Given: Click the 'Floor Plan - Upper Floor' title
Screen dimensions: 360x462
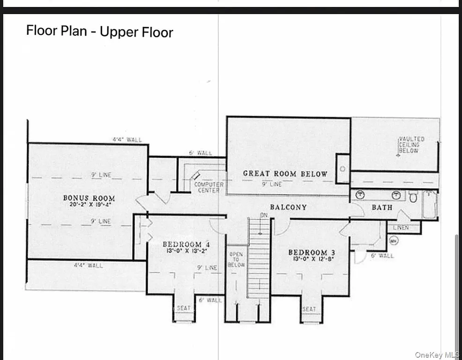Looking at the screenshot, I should pos(99,31).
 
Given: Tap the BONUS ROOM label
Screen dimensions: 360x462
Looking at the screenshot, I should pos(89,198).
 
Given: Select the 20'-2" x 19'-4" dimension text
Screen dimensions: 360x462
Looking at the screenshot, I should pos(89,205).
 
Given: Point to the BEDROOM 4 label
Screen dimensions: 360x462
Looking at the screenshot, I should pos(182,244).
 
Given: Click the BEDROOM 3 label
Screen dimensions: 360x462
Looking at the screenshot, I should pos(308,252).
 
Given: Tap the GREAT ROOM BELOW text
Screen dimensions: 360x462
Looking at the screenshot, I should pos(285,174).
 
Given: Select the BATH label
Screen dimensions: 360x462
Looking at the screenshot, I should pos(382,207).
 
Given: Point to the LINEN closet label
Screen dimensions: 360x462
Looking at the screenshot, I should pos(401,228).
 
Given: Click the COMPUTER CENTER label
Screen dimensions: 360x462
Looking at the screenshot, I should pos(209,187).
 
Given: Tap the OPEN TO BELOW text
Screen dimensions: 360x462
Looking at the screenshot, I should pos(236,259).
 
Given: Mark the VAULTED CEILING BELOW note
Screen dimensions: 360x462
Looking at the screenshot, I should pos(411,145).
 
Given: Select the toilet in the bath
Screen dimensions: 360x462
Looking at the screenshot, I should pos(413,197).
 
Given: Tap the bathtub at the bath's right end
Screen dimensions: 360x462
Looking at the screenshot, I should pos(430,204).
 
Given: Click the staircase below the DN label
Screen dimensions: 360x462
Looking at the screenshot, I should pos(259,258).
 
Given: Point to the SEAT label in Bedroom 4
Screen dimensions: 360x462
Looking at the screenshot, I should pos(184,308).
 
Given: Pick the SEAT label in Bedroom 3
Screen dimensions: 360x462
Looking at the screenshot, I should pos(309,309).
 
